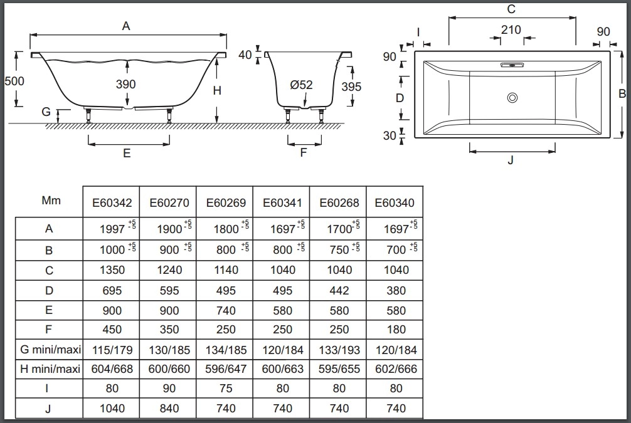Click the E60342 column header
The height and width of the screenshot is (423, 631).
111,203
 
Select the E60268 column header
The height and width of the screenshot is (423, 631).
339,203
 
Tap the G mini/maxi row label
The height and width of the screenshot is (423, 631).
48,350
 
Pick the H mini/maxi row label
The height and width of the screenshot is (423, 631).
48,369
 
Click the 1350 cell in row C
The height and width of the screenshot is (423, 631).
112,270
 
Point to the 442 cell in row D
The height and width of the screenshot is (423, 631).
339,291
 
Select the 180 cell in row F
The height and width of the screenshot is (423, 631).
395,330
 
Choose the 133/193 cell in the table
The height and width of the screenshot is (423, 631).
339,350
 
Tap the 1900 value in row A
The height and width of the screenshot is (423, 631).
166,229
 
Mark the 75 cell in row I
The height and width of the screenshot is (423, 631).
225,389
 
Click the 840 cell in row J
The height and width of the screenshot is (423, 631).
168,409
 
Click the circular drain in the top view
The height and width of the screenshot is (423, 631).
512,97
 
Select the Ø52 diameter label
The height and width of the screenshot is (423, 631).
301,85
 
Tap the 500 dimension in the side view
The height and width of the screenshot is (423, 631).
14,81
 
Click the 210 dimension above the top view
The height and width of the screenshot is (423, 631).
511,30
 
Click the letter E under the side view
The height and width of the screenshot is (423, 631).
127,154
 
